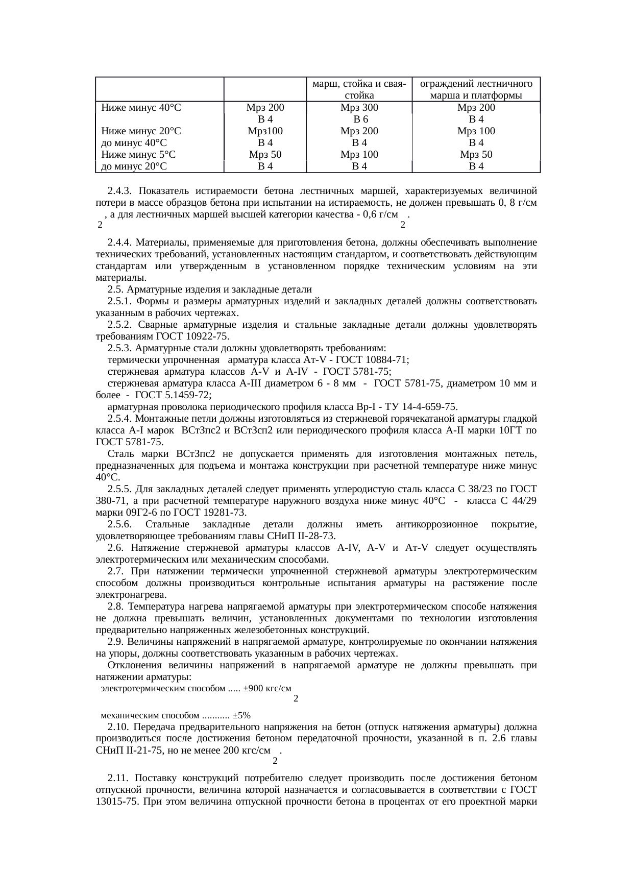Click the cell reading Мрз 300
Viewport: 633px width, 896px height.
tap(359, 108)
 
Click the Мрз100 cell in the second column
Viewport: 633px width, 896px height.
tap(265, 131)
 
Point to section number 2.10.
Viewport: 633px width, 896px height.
tap(119, 727)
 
